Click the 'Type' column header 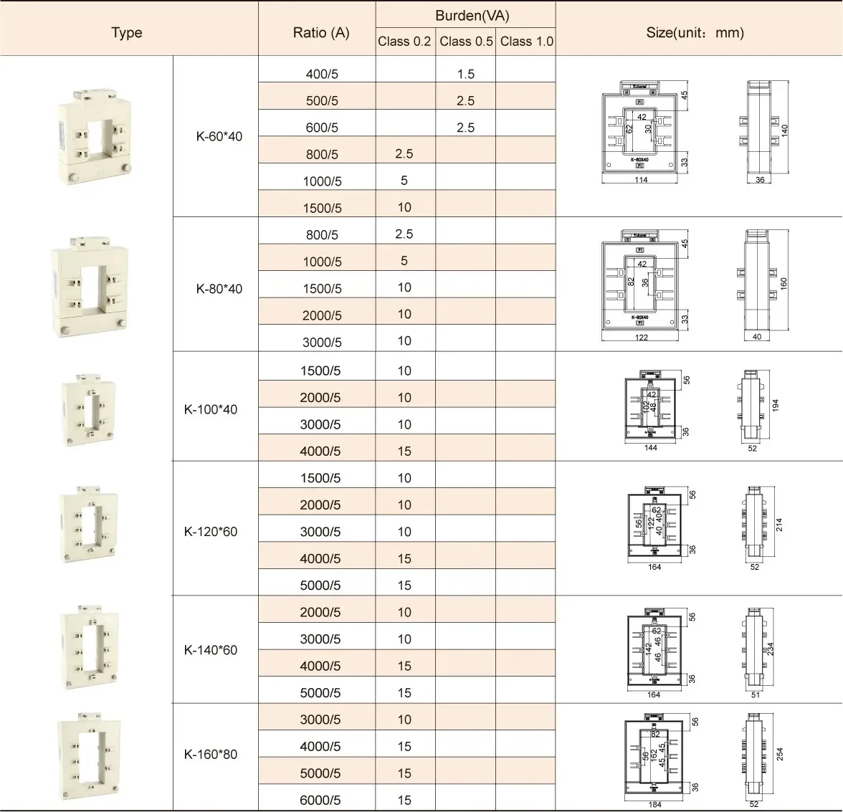[127, 33]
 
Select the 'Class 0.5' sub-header [466, 42]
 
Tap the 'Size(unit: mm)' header [695, 32]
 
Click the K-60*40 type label [219, 136]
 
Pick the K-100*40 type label [211, 410]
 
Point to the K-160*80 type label [211, 754]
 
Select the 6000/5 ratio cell [320, 801]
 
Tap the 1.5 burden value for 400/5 [466, 74]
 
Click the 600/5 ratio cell [322, 128]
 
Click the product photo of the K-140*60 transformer [87, 649]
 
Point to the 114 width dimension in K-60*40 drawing [641, 180]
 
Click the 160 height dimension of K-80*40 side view [784, 283]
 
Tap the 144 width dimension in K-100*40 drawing [651, 448]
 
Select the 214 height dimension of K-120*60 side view [779, 525]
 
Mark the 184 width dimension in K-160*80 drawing [654, 805]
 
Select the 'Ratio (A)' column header [321, 33]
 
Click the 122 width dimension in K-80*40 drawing [641, 338]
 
